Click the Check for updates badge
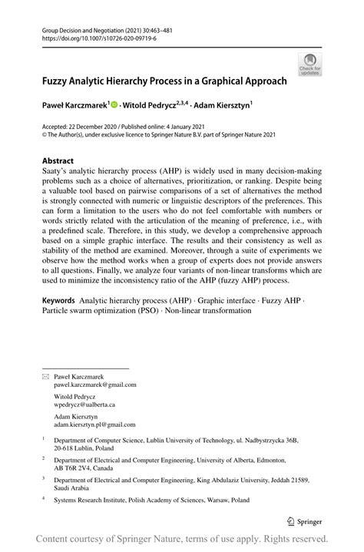coord(311,64)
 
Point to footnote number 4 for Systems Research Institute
coord(44,499)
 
